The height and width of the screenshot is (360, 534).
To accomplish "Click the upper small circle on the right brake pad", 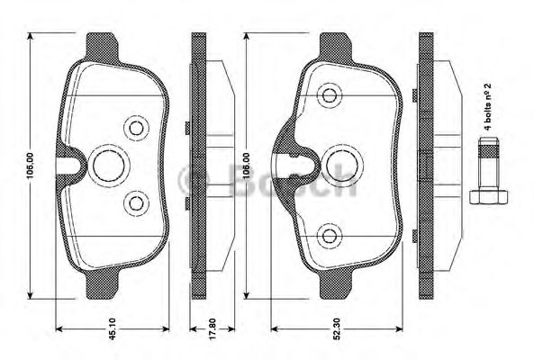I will [327, 94].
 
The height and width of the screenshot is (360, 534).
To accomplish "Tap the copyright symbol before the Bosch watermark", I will [195, 179].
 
